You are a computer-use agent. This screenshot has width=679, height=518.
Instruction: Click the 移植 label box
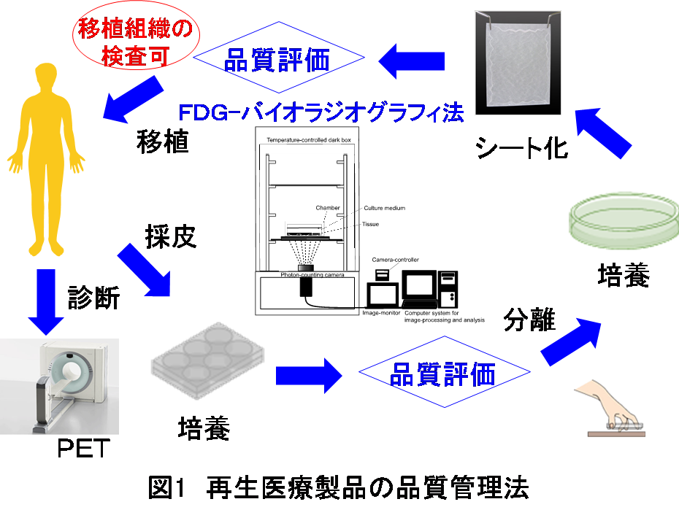click(x=162, y=139)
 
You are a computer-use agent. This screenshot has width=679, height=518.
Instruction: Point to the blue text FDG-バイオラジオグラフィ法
click(x=321, y=112)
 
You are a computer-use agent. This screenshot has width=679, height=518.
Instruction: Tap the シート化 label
click(x=521, y=149)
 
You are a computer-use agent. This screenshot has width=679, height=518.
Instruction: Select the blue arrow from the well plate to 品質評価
click(x=308, y=376)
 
